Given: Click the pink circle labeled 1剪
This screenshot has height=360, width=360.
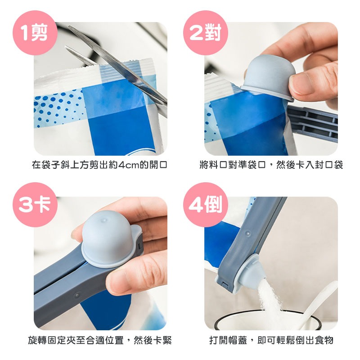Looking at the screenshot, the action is click(x=35, y=32).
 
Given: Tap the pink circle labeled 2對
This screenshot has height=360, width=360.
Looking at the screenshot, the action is click(x=206, y=32).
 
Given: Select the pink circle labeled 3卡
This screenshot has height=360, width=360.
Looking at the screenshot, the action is click(x=35, y=205).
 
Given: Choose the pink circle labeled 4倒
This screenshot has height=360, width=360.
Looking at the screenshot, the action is click(x=206, y=205).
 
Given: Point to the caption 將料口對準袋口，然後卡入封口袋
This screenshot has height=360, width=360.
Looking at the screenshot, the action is click(x=271, y=165).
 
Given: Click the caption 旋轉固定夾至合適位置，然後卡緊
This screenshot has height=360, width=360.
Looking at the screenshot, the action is click(x=100, y=340).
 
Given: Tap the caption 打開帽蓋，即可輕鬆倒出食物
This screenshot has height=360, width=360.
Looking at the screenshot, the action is click(x=271, y=340).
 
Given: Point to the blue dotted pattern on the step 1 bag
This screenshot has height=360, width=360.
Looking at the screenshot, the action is click(x=58, y=108).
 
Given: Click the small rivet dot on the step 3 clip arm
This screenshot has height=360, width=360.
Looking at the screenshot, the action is click(x=77, y=295).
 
